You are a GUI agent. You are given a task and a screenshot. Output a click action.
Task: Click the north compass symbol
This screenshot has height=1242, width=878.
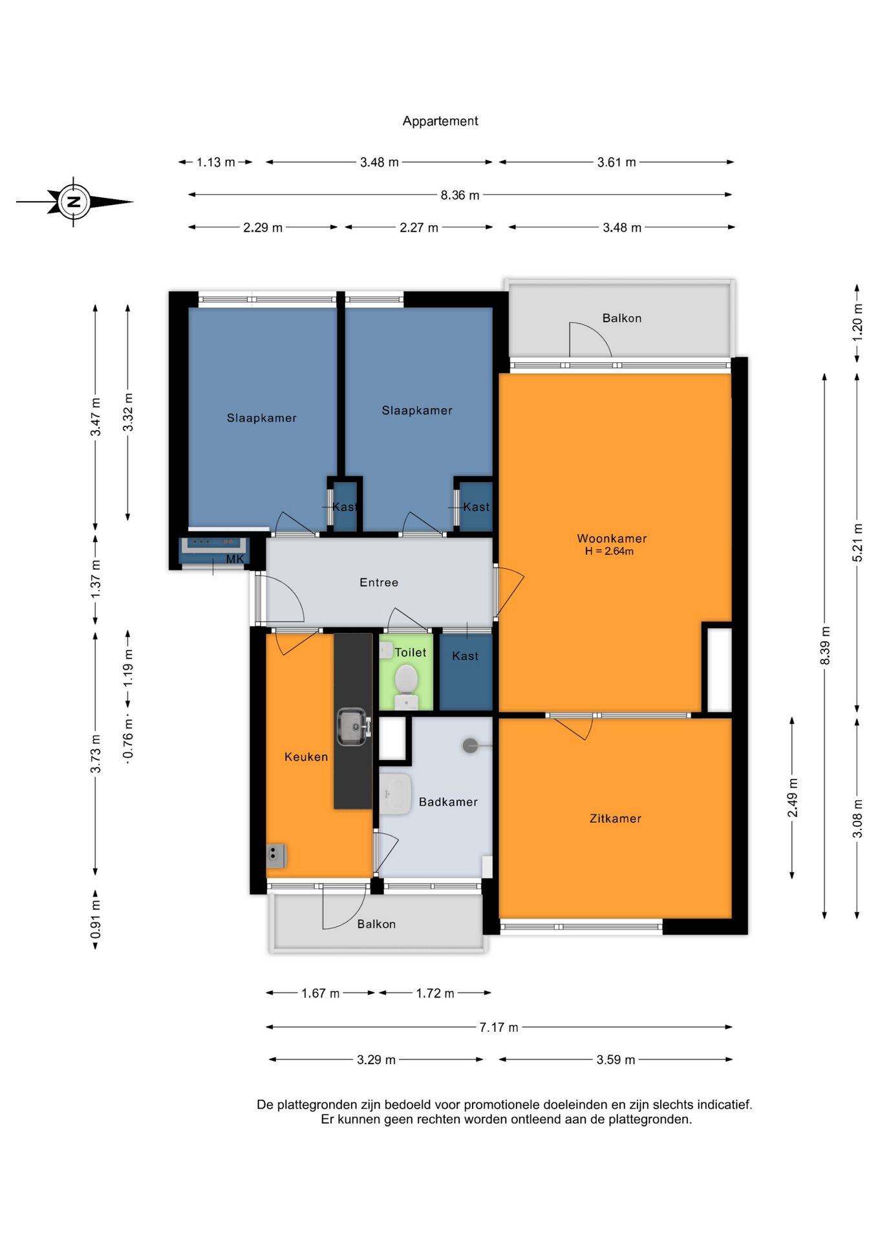74,202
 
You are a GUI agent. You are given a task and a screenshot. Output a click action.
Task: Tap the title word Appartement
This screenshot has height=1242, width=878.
440,121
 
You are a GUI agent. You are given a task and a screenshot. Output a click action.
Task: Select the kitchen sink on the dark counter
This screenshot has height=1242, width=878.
353,726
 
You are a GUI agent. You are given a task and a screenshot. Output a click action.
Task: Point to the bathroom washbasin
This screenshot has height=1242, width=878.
395,794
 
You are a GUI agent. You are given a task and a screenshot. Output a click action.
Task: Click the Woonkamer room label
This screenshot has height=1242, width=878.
612,538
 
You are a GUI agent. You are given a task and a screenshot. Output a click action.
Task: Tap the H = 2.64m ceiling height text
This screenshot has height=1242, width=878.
609,551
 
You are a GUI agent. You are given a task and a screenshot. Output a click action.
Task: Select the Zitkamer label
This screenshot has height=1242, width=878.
616,818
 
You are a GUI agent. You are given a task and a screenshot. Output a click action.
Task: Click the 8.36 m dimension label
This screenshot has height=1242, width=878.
460,195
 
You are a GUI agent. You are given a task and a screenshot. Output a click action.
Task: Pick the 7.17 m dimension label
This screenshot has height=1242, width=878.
498,1027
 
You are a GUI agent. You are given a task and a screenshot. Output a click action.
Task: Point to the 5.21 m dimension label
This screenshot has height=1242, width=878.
857,542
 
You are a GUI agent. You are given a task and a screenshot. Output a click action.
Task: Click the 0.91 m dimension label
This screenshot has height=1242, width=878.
95,919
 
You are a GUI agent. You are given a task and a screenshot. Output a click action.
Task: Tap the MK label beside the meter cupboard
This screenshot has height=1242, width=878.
235,559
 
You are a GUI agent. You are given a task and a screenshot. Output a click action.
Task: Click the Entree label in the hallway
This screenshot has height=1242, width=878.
379,582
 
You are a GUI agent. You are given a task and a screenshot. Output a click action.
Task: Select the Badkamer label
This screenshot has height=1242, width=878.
448,801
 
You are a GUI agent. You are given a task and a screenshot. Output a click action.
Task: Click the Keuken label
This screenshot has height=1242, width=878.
306,756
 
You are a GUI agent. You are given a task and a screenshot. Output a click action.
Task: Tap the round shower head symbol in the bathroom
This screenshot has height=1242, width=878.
470,746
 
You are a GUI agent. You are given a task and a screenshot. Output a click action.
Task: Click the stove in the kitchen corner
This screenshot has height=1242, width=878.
276,856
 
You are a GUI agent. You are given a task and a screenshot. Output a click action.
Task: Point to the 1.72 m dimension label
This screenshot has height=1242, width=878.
435,993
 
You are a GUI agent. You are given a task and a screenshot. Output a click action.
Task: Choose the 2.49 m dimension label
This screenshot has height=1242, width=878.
792,798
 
